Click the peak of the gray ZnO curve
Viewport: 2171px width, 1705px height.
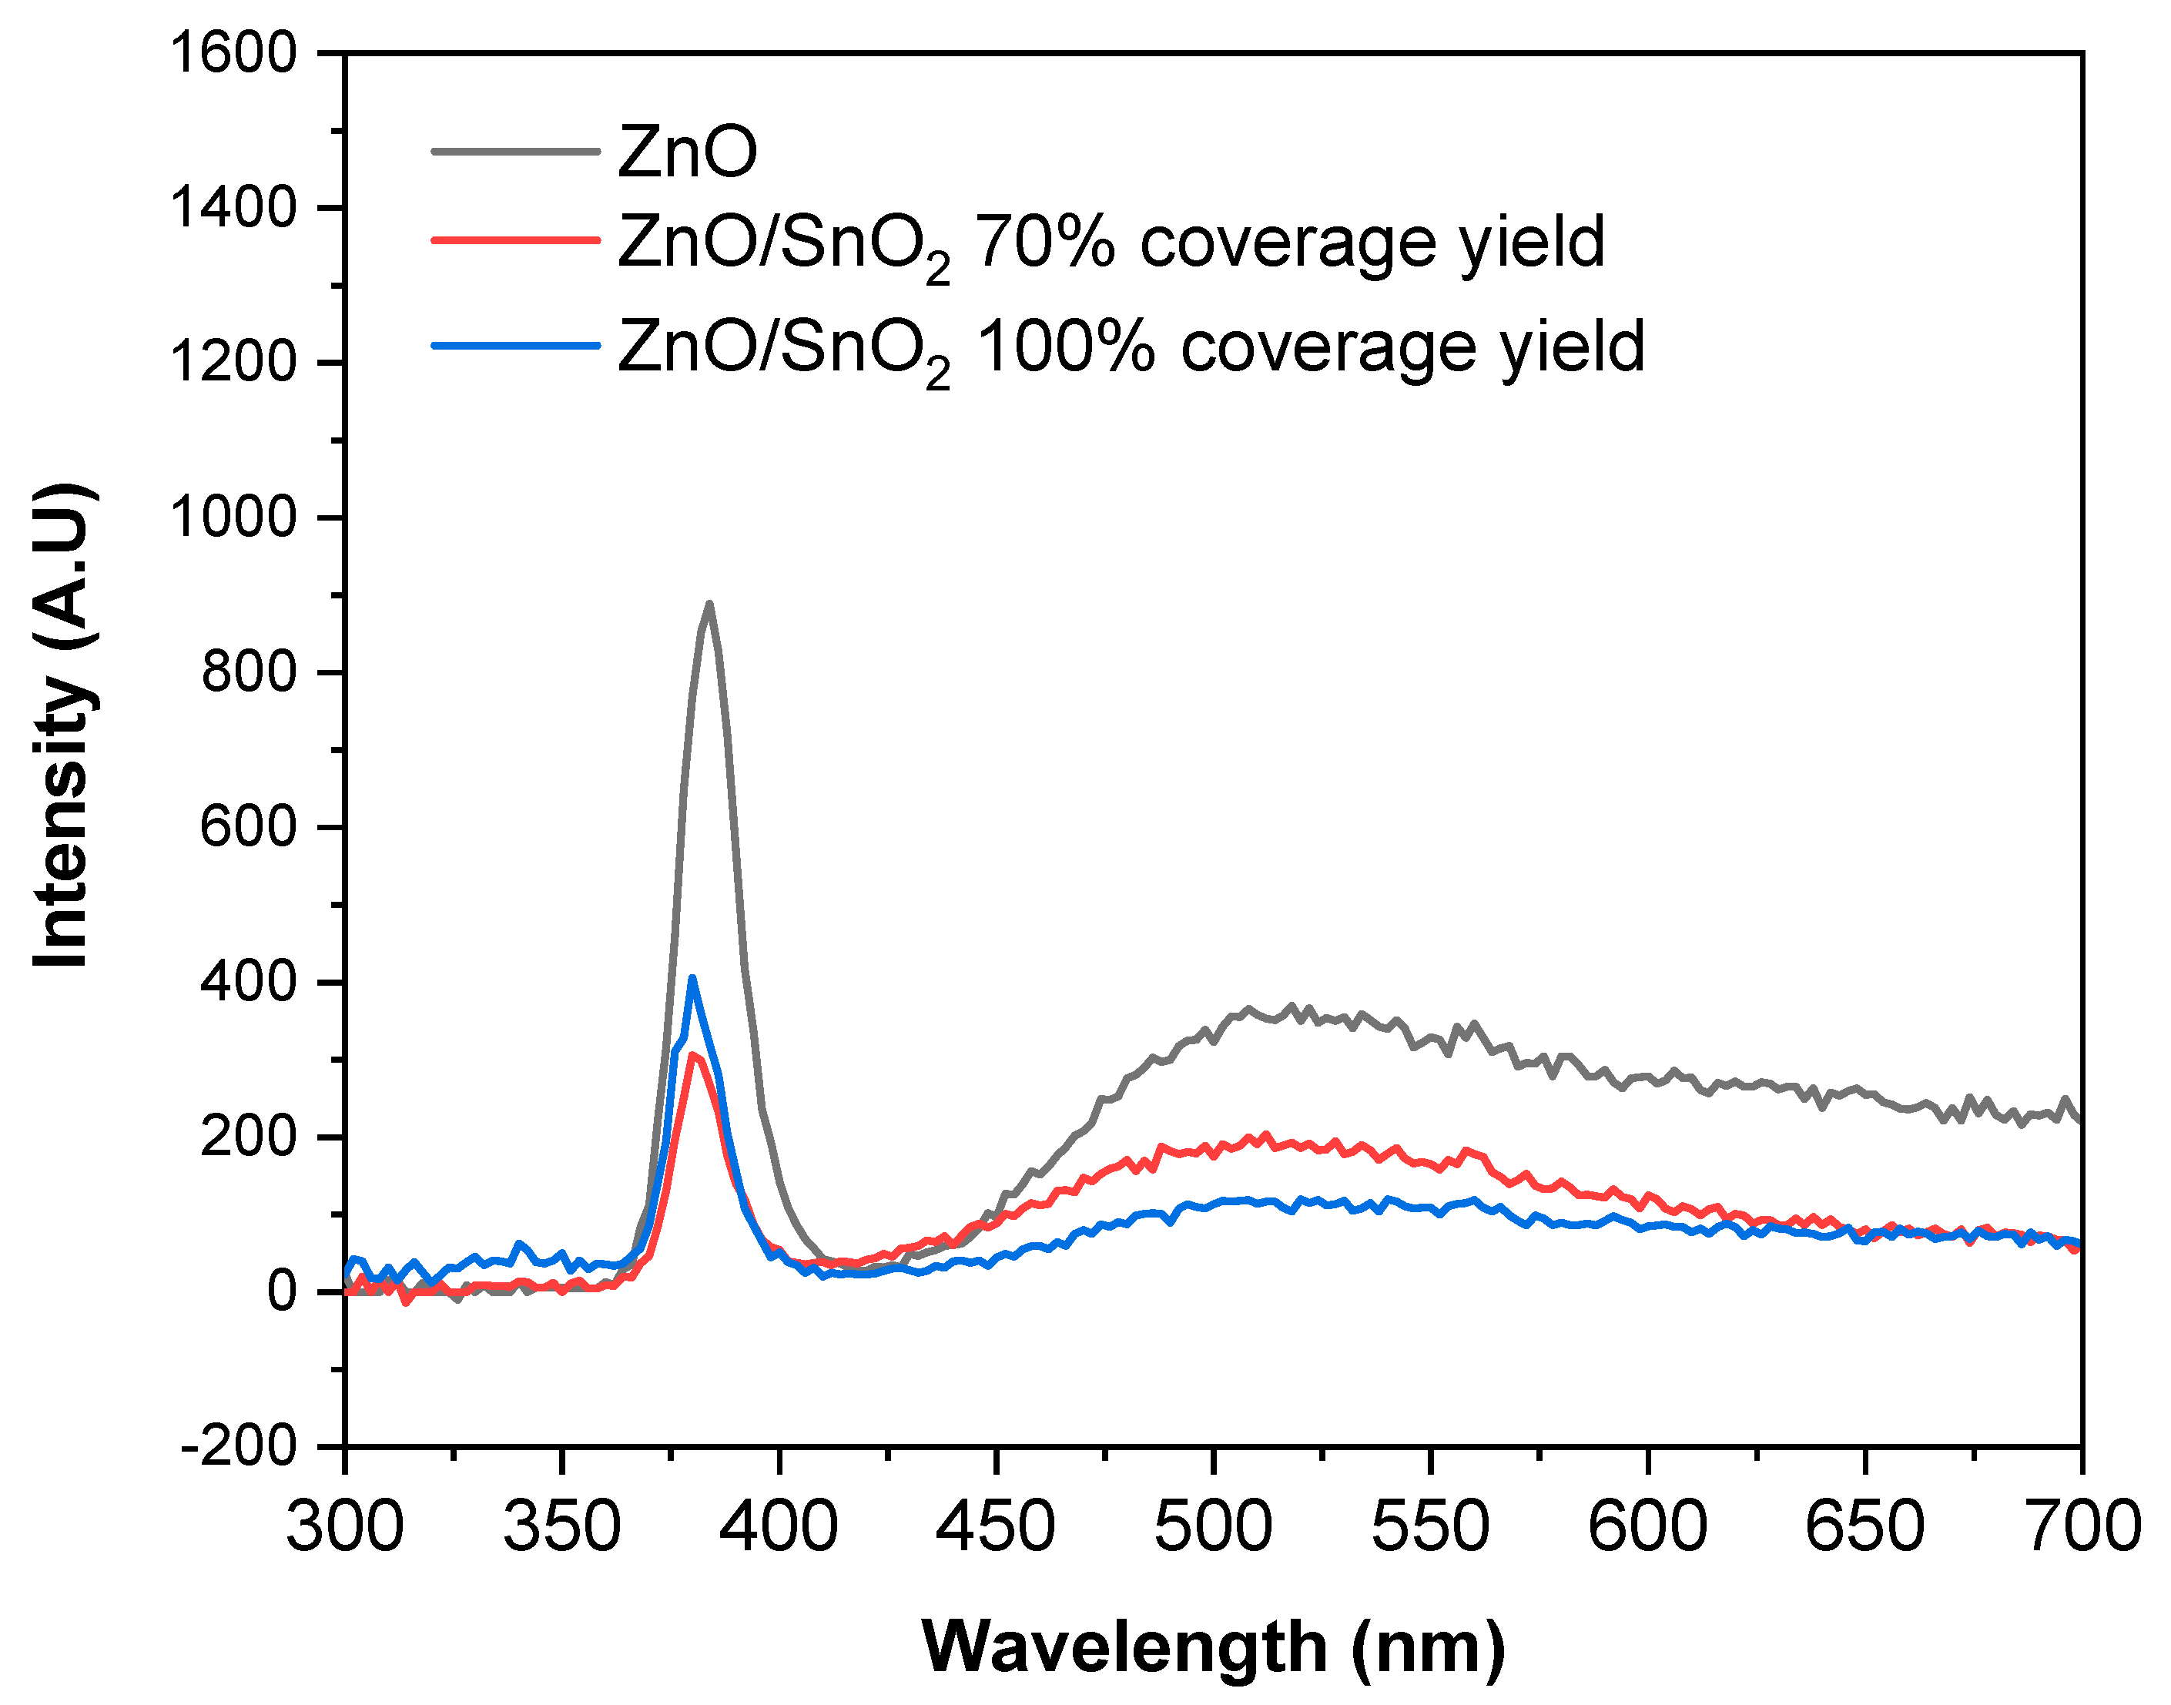[x=709, y=604]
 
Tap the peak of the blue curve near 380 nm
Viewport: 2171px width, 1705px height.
[x=692, y=978]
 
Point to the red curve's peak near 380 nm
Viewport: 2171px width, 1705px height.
[x=691, y=1055]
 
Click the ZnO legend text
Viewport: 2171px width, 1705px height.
[x=688, y=152]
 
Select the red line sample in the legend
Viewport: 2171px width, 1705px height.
[x=515, y=240]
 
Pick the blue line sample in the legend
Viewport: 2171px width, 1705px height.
[x=515, y=346]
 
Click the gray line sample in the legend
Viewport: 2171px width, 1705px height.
[x=515, y=152]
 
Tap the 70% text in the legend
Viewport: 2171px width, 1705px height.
[x=1044, y=243]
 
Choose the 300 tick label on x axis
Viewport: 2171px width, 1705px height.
[x=345, y=1527]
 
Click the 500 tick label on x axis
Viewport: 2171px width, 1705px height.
[x=1213, y=1527]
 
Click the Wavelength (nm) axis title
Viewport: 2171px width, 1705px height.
[x=1213, y=1648]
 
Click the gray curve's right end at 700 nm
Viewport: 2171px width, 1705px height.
[x=2079, y=1120]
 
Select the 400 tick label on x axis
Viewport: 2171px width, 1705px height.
[x=779, y=1527]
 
